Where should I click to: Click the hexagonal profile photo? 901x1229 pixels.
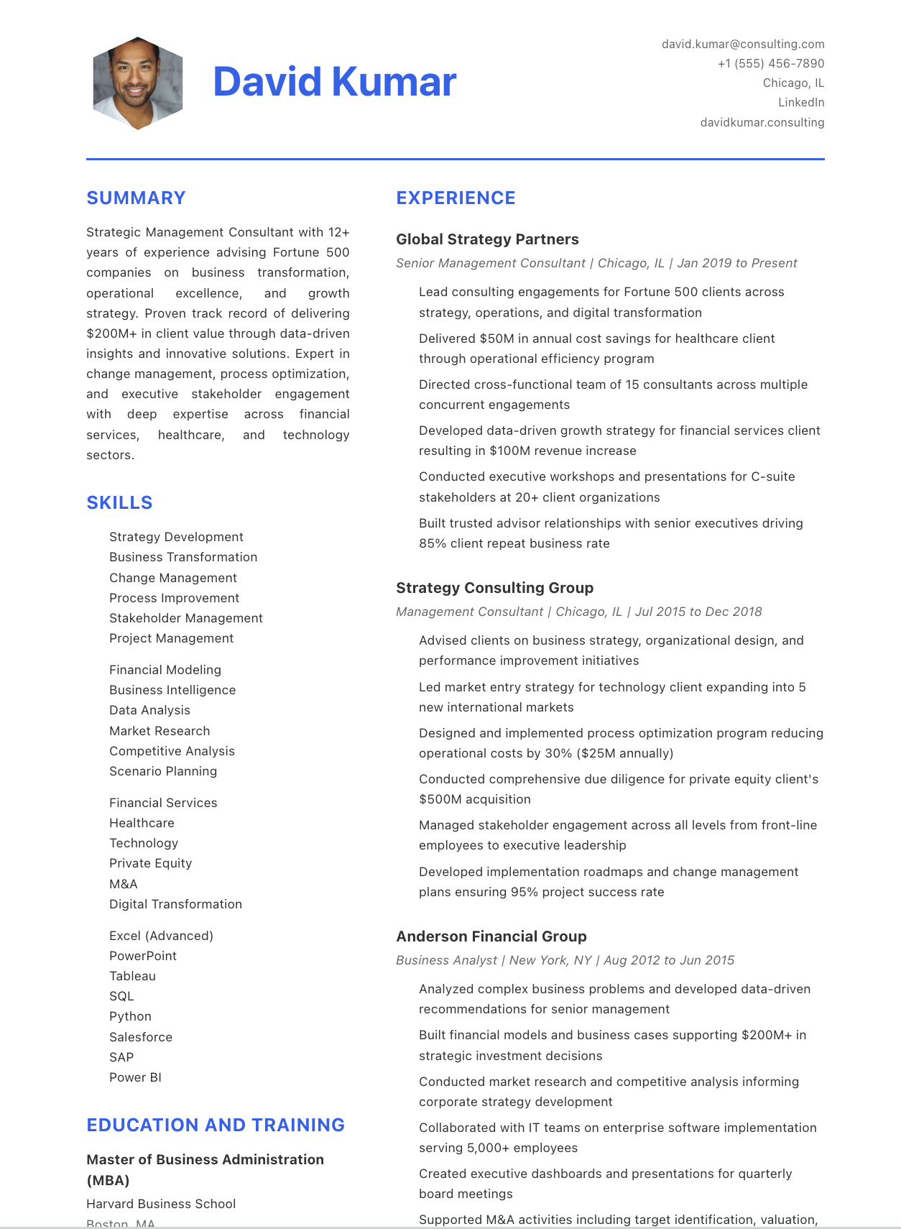[x=137, y=83]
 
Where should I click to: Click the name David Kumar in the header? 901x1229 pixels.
[x=334, y=81]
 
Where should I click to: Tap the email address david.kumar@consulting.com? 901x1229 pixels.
[x=742, y=44]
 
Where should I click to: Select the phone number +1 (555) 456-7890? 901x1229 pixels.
[x=770, y=63]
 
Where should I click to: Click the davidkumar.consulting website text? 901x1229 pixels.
[x=762, y=122]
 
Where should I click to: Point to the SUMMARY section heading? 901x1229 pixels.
[x=136, y=198]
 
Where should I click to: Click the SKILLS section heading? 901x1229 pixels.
[x=119, y=502]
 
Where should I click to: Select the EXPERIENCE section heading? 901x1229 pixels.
[x=456, y=198]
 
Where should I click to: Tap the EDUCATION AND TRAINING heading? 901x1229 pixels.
[x=216, y=1125]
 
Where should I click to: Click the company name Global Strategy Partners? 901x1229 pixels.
[x=487, y=239]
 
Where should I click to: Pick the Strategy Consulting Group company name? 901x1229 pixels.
[x=494, y=588]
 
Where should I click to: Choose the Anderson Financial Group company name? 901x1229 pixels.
[x=491, y=936]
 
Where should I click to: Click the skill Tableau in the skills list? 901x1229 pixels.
[x=132, y=976]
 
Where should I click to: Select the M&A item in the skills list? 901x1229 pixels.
[x=123, y=884]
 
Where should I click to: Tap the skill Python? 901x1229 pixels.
[x=130, y=1016]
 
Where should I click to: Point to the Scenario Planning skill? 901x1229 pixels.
[x=163, y=771]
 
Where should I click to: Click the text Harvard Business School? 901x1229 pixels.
[x=161, y=1204]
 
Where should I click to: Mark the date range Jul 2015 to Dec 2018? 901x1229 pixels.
[x=698, y=612]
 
